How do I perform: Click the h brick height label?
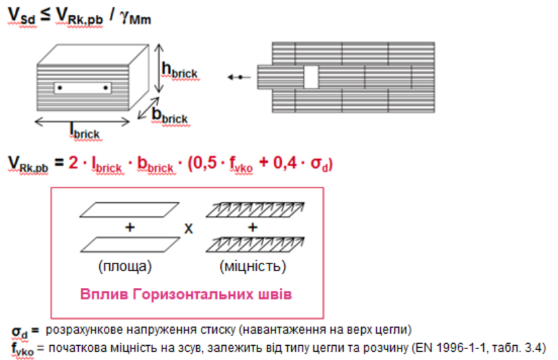pyautogui.click(x=179, y=70)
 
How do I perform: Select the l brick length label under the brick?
pyautogui.click(x=85, y=131)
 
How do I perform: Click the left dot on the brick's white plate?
pyautogui.click(x=60, y=88)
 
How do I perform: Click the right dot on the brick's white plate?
pyautogui.click(x=106, y=88)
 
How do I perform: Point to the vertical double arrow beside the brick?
pyautogui.click(x=159, y=68)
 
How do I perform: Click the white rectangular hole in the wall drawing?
pyautogui.click(x=311, y=77)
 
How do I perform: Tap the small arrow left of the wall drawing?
pyautogui.click(x=239, y=77)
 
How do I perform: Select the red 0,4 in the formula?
pyautogui.click(x=284, y=163)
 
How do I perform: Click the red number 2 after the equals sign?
pyautogui.click(x=73, y=162)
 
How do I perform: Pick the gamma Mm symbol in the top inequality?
pyautogui.click(x=135, y=17)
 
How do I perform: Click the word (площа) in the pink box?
pyautogui.click(x=125, y=266)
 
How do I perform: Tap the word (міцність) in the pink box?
pyautogui.click(x=253, y=266)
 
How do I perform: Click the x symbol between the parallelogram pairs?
pyautogui.click(x=189, y=229)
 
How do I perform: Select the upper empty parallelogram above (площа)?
pyautogui.click(x=129, y=210)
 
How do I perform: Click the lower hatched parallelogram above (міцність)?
pyautogui.click(x=255, y=245)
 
